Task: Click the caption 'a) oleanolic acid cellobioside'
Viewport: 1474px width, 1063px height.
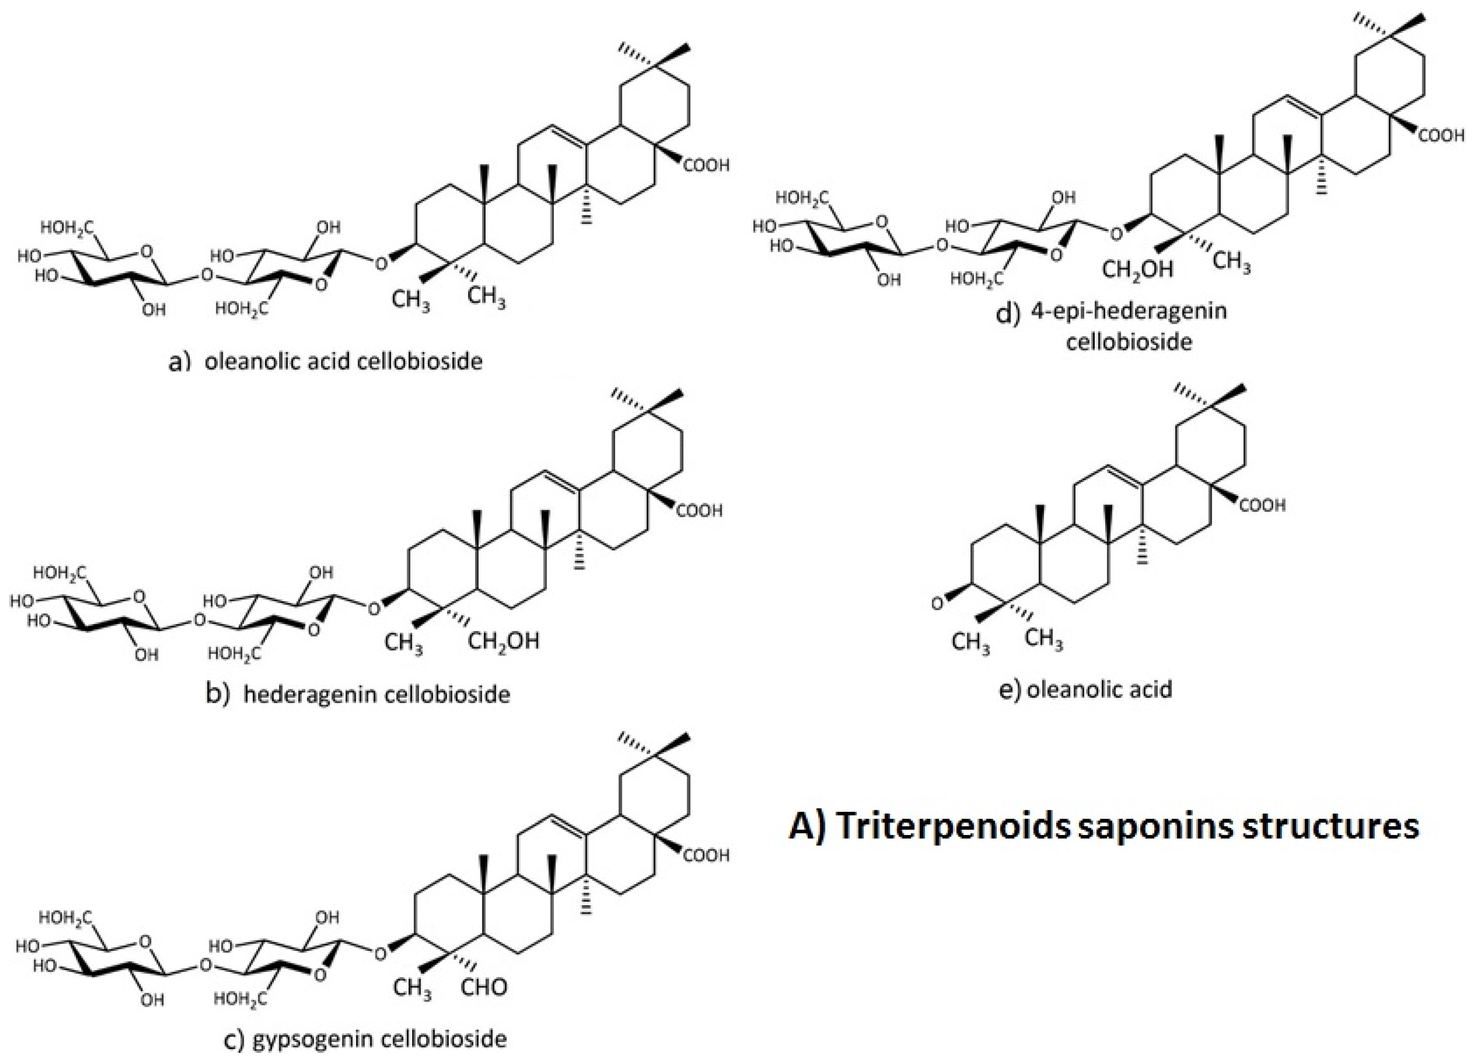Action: click(x=325, y=361)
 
